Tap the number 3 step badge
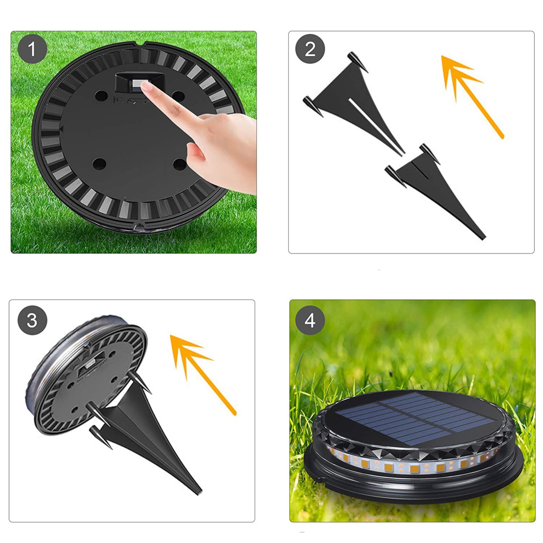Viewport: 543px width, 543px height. pyautogui.click(x=32, y=320)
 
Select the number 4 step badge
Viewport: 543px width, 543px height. pyautogui.click(x=310, y=320)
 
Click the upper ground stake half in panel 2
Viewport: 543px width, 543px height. pyautogui.click(x=354, y=103)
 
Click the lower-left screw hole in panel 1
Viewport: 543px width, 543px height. pyautogui.click(x=100, y=164)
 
